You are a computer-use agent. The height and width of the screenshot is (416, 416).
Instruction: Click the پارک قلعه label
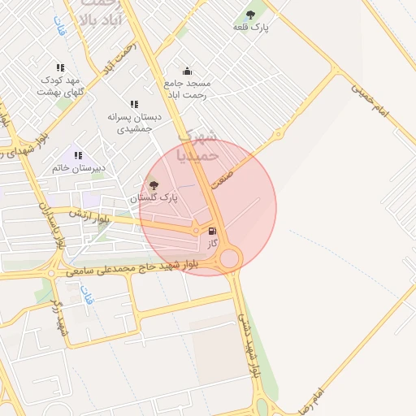tap(250, 28)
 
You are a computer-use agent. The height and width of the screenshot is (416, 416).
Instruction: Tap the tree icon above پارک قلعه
tap(250, 14)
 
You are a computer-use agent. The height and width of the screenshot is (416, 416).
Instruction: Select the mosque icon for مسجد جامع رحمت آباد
tap(187, 71)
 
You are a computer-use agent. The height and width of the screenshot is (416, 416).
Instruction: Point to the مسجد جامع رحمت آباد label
tap(187, 89)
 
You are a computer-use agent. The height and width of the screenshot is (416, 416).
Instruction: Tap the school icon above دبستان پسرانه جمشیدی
tap(134, 104)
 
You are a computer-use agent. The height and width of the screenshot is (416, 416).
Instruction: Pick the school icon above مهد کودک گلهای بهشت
tap(59, 68)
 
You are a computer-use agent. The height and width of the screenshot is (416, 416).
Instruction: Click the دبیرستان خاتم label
tap(79, 168)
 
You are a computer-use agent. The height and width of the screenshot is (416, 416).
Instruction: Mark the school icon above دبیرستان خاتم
tap(79, 154)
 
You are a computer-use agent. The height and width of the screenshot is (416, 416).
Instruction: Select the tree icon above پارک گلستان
tap(154, 184)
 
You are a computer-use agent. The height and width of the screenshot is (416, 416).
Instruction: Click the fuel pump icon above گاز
tap(213, 230)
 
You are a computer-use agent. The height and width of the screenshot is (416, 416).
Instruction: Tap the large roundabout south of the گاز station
tap(230, 258)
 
